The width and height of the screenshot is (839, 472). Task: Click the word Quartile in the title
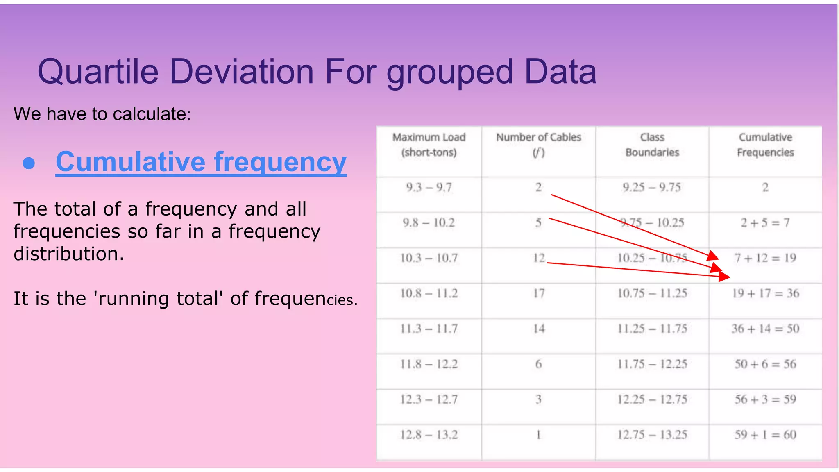click(98, 72)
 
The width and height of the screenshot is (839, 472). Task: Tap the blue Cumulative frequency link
click(201, 162)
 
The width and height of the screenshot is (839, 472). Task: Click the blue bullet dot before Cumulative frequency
click(29, 163)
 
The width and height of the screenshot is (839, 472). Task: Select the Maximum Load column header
click(429, 145)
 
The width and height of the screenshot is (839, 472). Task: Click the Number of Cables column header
click(538, 145)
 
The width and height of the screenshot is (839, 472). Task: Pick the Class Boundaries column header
click(652, 145)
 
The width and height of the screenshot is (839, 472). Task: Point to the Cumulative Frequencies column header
click(765, 145)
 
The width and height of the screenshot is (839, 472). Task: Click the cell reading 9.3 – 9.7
click(429, 188)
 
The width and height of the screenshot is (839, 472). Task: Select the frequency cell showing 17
click(539, 293)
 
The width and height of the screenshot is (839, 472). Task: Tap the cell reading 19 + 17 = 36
click(765, 293)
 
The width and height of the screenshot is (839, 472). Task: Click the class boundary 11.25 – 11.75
click(652, 329)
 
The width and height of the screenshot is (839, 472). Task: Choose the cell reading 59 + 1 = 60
click(765, 435)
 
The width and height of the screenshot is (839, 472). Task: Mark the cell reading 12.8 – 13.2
click(429, 435)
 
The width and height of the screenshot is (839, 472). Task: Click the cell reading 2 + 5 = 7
click(765, 223)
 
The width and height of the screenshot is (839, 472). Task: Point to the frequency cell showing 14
click(539, 329)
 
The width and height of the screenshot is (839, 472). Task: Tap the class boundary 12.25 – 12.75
click(652, 399)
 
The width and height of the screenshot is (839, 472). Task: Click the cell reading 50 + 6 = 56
click(765, 364)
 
